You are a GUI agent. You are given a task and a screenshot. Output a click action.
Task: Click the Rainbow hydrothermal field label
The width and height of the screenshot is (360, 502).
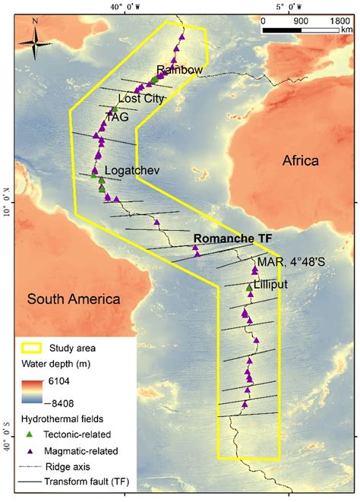point(180,71)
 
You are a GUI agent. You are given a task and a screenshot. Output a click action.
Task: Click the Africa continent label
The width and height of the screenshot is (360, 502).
point(301,160)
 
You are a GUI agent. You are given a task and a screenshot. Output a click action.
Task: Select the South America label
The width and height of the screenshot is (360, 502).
point(74,298)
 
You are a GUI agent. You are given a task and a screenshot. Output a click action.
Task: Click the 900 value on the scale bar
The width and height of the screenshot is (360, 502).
point(301,21)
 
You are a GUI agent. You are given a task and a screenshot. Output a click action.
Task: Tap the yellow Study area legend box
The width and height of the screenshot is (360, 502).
point(33,349)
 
